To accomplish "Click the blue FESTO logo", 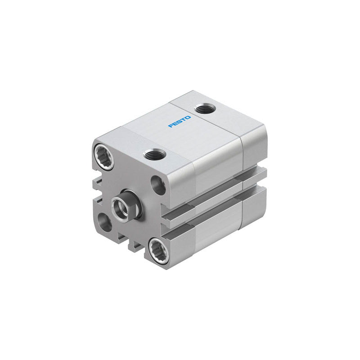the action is (x=180, y=121).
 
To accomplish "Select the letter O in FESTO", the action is (x=188, y=117).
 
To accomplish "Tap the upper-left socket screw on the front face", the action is (x=104, y=157).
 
